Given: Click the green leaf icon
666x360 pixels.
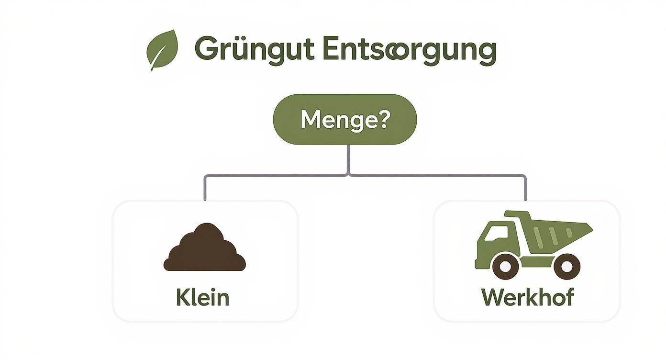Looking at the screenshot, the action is click(162, 50).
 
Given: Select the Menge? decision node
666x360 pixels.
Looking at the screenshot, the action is click(345, 119).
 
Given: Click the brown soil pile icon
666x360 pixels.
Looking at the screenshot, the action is click(205, 247).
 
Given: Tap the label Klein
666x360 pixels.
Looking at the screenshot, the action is click(203, 297).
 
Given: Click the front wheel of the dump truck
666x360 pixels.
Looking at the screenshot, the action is click(505, 266).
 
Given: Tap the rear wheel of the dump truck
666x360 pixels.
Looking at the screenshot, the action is click(566, 266).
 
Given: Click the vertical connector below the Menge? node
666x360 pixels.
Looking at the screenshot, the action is click(348, 159).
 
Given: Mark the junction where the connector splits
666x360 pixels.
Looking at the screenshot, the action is click(348, 175).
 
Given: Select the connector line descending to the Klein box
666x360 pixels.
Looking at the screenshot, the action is click(205, 188).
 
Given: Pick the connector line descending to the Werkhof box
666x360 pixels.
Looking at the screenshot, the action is click(525, 188).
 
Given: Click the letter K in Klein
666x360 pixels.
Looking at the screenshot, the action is click(182, 297).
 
